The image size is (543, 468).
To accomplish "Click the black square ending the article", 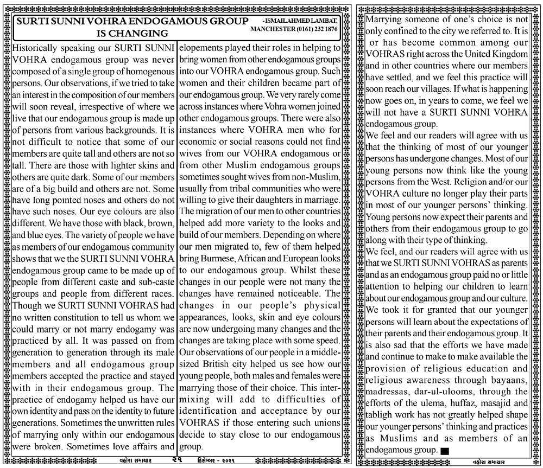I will click(445, 451).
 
